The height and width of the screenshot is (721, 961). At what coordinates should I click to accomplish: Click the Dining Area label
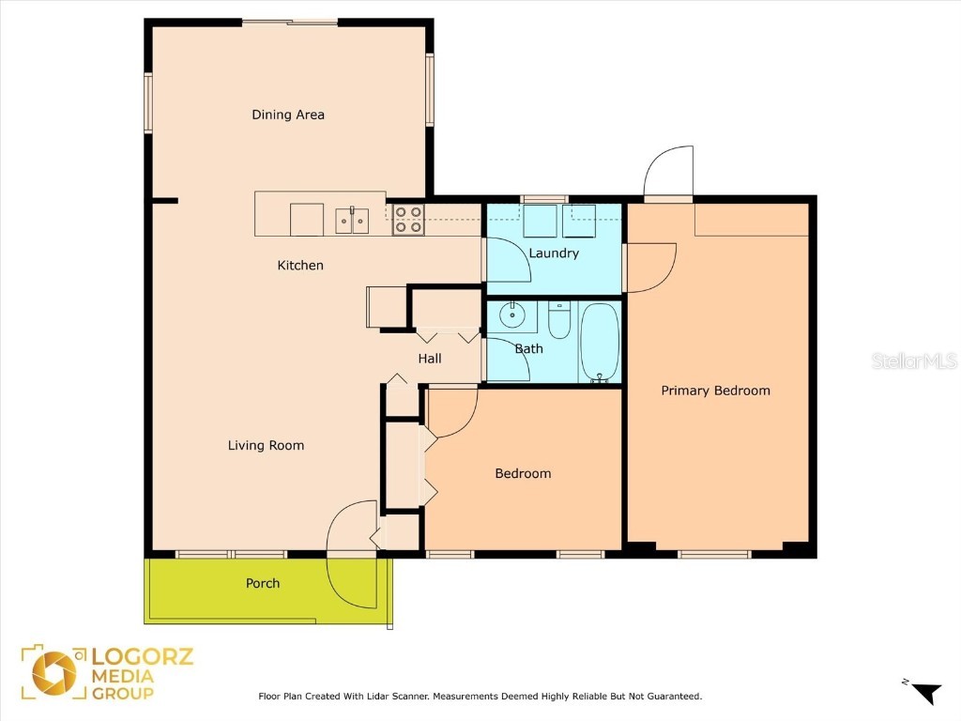(x=288, y=115)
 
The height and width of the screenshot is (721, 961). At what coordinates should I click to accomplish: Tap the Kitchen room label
(x=300, y=266)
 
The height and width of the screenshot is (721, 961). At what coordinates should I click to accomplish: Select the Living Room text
(x=266, y=445)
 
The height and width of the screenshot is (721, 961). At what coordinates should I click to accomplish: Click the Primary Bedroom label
(x=715, y=391)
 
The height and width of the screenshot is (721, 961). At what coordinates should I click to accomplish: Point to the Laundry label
(x=554, y=253)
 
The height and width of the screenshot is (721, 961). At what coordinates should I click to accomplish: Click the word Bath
(x=528, y=348)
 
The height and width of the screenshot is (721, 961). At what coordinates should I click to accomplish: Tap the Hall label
(x=430, y=359)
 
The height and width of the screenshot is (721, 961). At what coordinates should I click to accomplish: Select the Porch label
(x=263, y=583)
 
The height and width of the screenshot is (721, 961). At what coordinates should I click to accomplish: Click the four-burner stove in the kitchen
(x=407, y=220)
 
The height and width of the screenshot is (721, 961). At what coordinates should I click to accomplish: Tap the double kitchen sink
(x=352, y=221)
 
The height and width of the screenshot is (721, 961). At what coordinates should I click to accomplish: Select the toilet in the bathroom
(x=558, y=320)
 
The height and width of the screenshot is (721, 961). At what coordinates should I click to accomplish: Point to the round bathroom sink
(x=512, y=314)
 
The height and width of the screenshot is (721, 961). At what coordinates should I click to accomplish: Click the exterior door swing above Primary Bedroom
(x=669, y=171)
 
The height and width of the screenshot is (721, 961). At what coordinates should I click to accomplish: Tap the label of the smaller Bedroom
(x=523, y=473)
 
